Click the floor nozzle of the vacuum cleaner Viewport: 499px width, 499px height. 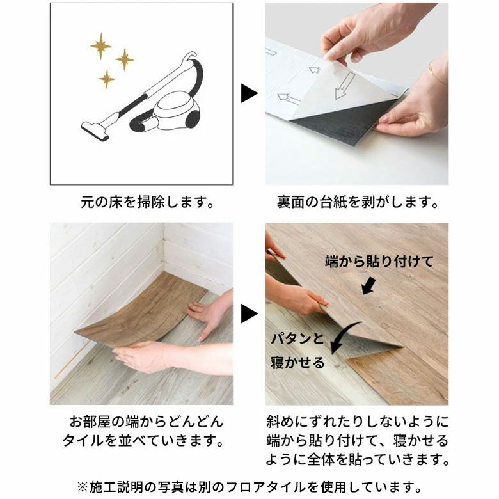[95, 131]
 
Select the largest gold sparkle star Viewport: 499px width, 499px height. [100, 45]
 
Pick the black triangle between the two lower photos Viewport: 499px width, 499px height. [249, 313]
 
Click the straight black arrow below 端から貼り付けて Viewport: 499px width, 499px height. [368, 285]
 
